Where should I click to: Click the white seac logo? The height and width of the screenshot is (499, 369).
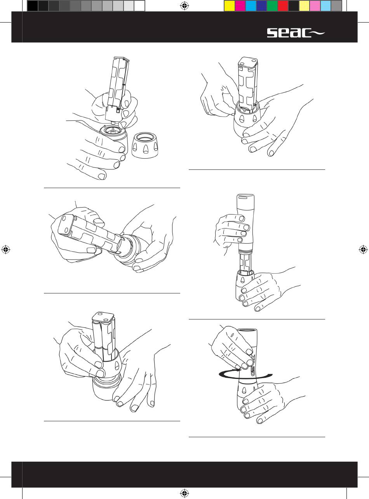(296, 33)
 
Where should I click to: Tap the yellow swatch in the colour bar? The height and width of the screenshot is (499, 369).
(230, 6)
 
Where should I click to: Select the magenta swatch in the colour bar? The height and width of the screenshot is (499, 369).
(240, 6)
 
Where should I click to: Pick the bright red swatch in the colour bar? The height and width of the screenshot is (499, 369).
(283, 6)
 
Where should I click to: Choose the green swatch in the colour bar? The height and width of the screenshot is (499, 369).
(272, 6)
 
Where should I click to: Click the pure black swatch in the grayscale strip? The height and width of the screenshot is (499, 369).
(33, 6)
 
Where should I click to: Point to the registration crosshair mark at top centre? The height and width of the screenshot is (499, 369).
(184, 6)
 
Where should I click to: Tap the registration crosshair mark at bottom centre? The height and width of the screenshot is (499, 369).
(184, 493)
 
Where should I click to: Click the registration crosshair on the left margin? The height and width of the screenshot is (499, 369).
(6, 249)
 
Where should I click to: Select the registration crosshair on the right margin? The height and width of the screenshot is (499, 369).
(363, 249)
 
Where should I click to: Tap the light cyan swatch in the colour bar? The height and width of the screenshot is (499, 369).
(325, 6)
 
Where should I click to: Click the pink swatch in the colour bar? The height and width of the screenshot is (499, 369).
(315, 6)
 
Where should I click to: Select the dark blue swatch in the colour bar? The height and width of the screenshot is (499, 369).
(261, 6)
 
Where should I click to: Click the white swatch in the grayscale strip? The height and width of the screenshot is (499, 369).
(139, 6)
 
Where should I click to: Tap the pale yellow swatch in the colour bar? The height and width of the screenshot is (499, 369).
(304, 6)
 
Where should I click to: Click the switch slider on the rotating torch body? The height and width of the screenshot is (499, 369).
(253, 372)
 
